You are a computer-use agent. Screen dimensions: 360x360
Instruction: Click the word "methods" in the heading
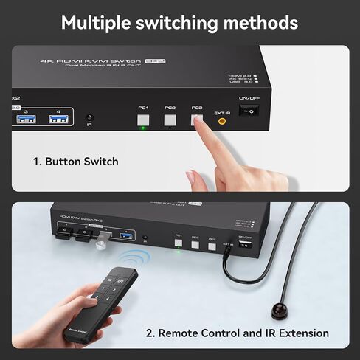pos(260,22)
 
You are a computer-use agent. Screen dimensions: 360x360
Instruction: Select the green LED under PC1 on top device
pos(143,128)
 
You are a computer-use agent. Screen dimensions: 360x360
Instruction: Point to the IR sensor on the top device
pos(90,118)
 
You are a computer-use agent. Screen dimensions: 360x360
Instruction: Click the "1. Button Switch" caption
pos(75,161)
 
